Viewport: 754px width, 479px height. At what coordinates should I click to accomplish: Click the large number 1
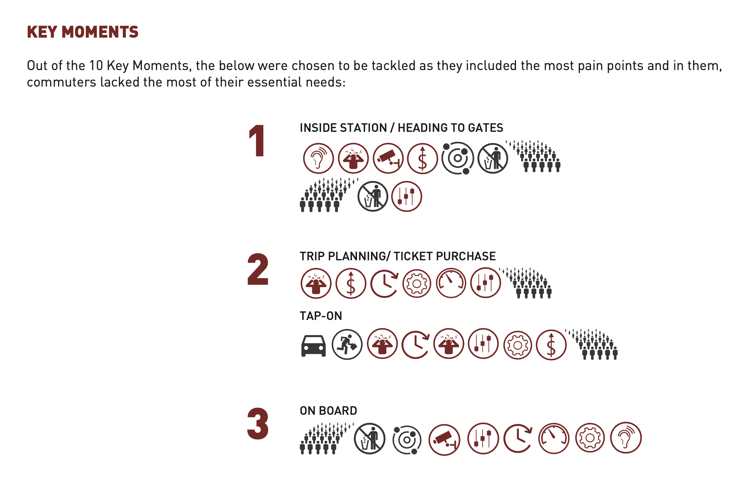(x=257, y=140)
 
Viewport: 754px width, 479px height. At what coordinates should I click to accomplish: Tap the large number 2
(x=258, y=269)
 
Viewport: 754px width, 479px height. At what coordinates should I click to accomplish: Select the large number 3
(x=258, y=423)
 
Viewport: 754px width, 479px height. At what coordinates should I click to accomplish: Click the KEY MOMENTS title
(x=83, y=32)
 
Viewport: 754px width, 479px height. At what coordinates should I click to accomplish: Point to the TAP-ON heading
(x=321, y=316)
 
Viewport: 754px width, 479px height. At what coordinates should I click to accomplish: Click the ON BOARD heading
(x=328, y=411)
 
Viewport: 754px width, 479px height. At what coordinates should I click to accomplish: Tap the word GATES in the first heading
(x=485, y=128)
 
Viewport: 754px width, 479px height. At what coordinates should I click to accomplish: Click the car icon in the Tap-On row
(x=313, y=346)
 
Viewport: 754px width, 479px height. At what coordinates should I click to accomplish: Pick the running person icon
(x=347, y=345)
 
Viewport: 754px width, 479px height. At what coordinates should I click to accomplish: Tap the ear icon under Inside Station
(x=318, y=158)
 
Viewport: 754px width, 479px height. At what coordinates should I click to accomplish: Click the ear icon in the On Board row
(x=626, y=438)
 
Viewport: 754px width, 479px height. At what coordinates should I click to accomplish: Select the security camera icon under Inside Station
(x=388, y=158)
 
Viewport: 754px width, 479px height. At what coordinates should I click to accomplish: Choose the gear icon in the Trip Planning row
(x=417, y=284)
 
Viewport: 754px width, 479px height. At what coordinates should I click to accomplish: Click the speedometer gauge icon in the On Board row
(x=554, y=438)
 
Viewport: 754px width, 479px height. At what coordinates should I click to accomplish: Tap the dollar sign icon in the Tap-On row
(x=551, y=345)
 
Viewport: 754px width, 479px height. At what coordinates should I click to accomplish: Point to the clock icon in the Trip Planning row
(x=385, y=284)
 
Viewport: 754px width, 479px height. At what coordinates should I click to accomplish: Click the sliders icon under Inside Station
(x=406, y=196)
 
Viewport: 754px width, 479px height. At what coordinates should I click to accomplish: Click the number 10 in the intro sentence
(x=96, y=65)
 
